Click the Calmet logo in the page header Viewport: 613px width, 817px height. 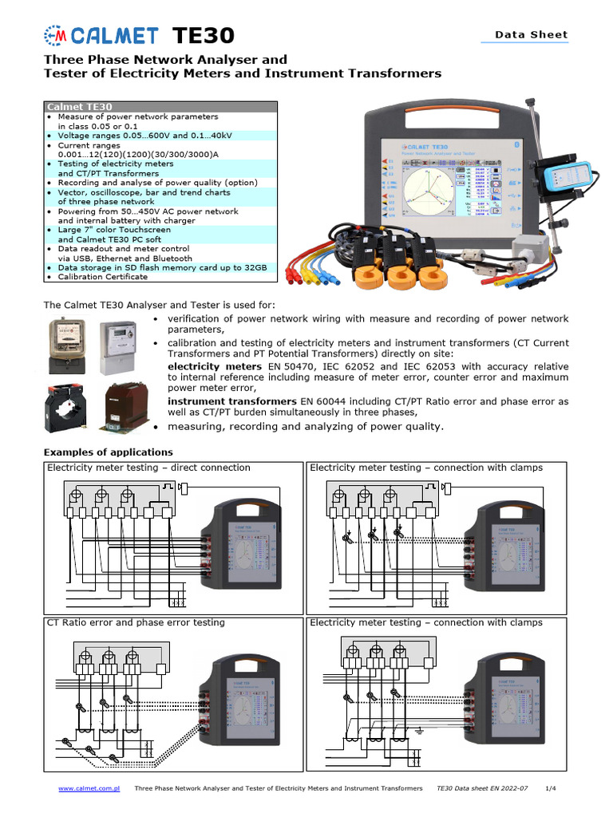(99, 35)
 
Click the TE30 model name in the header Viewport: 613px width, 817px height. (204, 35)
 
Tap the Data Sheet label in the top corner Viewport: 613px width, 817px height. (531, 34)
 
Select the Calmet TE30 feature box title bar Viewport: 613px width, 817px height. (160, 106)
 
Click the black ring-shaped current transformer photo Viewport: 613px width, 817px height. (67, 406)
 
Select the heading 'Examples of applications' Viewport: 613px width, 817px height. (108, 452)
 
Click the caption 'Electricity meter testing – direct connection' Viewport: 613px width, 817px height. (148, 468)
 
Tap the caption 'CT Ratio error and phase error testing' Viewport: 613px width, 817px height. (136, 622)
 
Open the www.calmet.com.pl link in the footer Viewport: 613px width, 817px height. (89, 788)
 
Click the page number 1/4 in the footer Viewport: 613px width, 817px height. (550, 788)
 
